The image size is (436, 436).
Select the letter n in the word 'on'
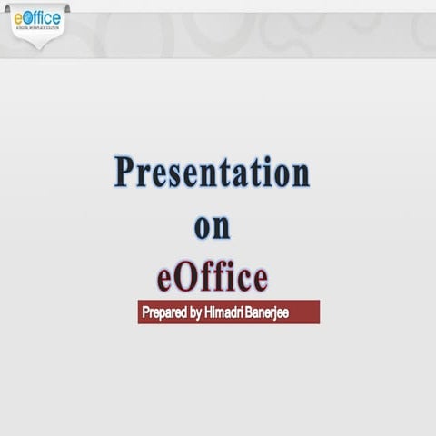pos(223,228)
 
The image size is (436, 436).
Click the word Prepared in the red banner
pos(164,312)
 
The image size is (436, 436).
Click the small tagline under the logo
pos(38,30)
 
